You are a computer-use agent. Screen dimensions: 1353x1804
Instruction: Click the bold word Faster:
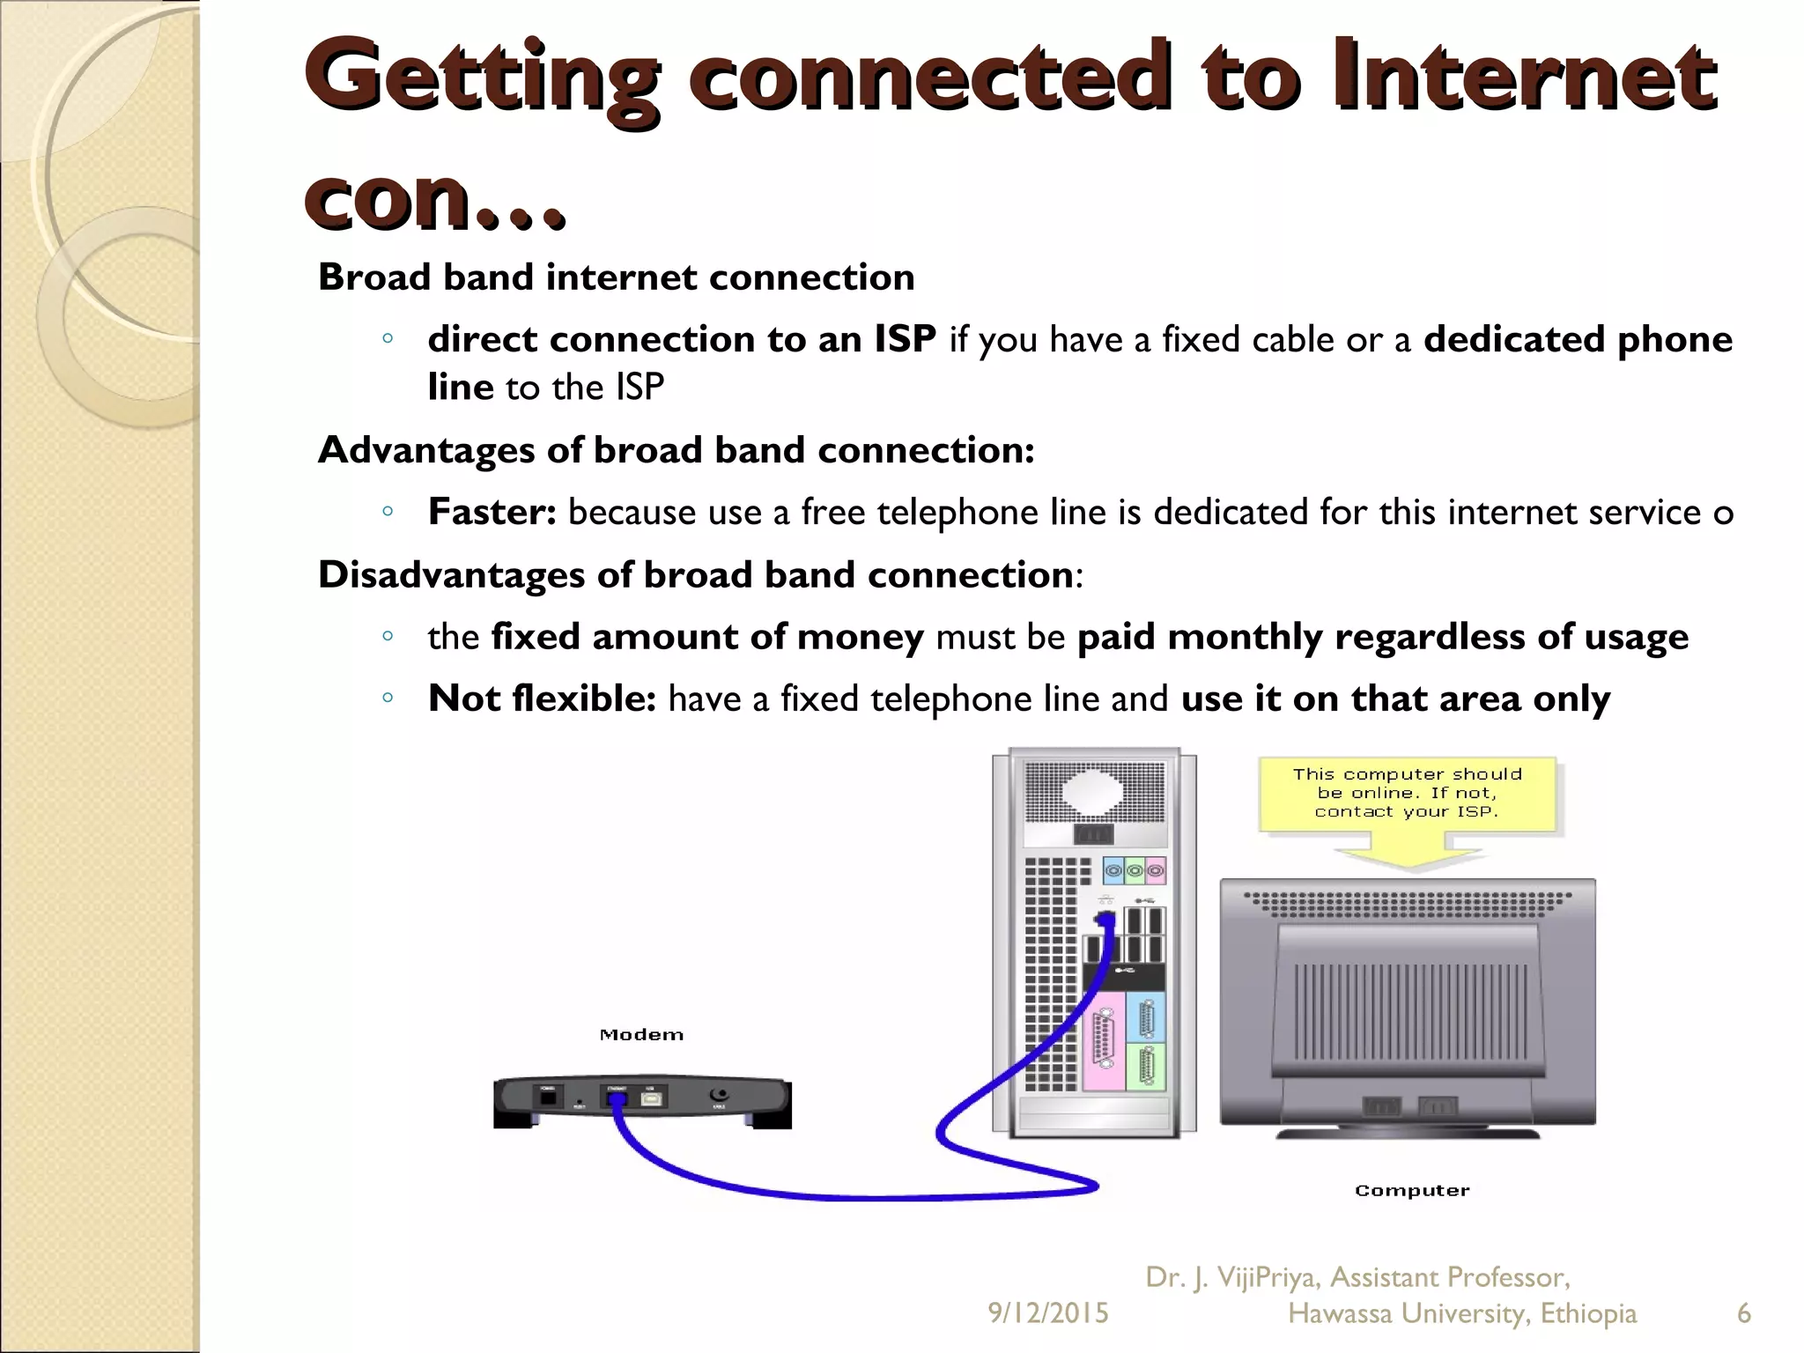coord(492,512)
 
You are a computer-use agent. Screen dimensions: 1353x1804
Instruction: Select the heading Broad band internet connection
coord(616,277)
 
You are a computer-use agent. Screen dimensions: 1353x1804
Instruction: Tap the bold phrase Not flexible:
coord(542,699)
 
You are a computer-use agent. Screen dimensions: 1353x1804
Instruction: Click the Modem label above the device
coord(641,1035)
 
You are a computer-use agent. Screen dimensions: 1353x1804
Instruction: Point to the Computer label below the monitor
coord(1412,1191)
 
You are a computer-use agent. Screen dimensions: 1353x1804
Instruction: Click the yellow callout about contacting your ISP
coord(1407,794)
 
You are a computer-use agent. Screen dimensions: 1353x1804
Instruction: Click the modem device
coord(642,1102)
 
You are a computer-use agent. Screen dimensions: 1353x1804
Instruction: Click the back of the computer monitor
coord(1407,1004)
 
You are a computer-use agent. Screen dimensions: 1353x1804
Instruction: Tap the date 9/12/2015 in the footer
coord(1047,1313)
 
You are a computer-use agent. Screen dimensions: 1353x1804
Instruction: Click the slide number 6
coord(1743,1313)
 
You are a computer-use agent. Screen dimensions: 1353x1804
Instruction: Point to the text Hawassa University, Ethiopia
coord(1461,1313)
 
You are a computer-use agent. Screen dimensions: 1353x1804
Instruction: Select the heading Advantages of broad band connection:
coord(676,450)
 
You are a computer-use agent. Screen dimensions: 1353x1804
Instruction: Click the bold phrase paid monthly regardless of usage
coord(1382,637)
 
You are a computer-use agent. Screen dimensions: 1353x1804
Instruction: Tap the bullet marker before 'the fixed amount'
coord(387,636)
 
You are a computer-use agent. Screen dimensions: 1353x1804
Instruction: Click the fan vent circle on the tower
coord(1093,792)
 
